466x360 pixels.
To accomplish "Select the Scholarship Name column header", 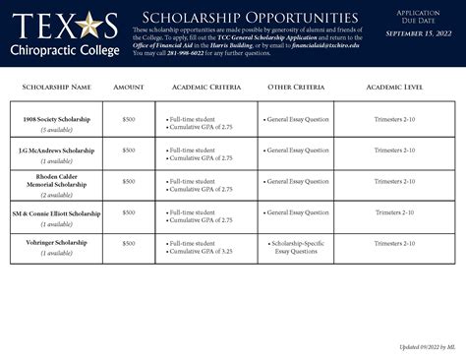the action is point(56,88).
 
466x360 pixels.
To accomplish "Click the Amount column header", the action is point(129,88).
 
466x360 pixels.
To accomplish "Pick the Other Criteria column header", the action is point(295,88).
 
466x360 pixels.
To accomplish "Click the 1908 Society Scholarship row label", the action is point(56,119).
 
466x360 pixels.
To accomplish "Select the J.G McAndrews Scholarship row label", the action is point(56,150).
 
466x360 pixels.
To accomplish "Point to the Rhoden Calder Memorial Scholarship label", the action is point(56,181).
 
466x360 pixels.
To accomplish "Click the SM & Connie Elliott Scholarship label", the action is point(56,212).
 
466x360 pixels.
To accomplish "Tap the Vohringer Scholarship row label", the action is point(56,243).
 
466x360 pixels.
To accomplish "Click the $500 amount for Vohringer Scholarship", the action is point(129,243).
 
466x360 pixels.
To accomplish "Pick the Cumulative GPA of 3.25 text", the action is point(202,252).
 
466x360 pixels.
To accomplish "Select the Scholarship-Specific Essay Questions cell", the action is point(296,247).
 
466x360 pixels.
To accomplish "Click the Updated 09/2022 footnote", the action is point(426,347).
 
